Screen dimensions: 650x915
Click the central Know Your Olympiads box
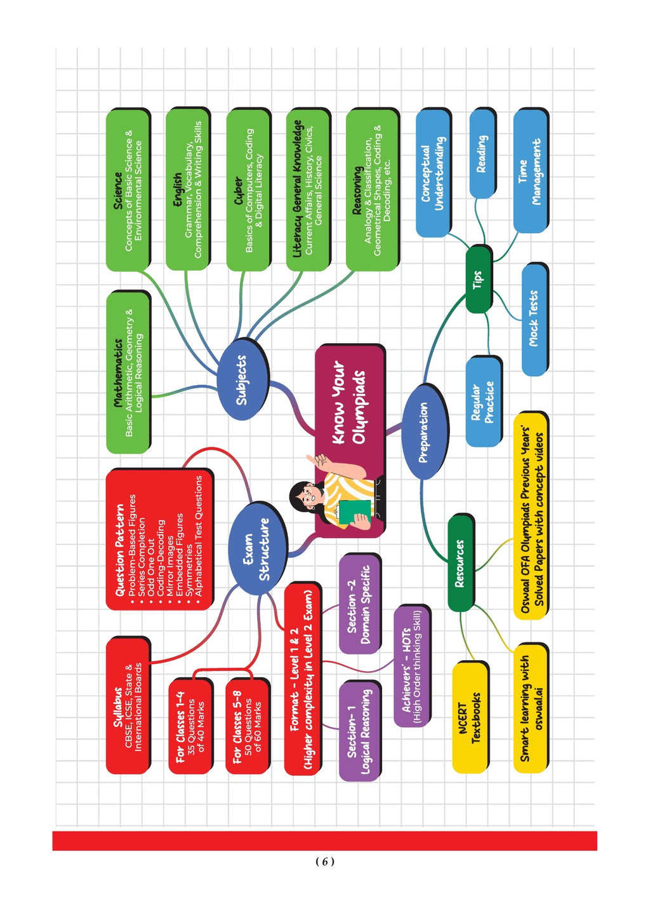coord(350,441)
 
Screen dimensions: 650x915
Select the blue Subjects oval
coord(242,379)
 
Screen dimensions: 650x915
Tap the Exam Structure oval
coord(258,548)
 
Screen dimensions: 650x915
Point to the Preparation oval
coord(425,432)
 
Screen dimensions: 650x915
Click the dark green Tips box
coord(479,280)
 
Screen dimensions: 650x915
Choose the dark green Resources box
coord(461,563)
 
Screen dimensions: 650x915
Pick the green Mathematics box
coord(128,372)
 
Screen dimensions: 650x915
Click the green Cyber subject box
coord(248,190)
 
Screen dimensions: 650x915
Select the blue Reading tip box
coord(482,154)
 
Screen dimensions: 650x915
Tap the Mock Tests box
coord(534,319)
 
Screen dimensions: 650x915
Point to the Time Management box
coord(531,171)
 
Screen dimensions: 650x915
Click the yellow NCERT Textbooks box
coord(470,717)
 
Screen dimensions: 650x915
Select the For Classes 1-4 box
coord(190,726)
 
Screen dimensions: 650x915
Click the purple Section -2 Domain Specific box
coord(360,604)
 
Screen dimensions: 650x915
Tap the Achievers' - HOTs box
coord(413,667)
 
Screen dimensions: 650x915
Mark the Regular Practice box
coord(484,402)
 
